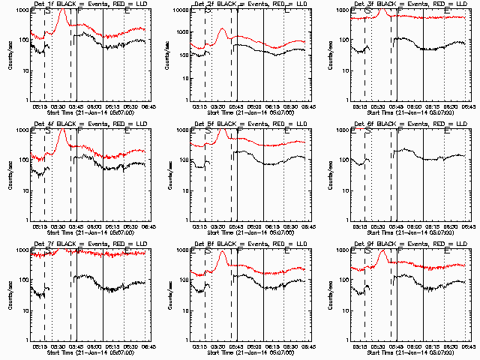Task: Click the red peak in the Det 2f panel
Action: [222, 29]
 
